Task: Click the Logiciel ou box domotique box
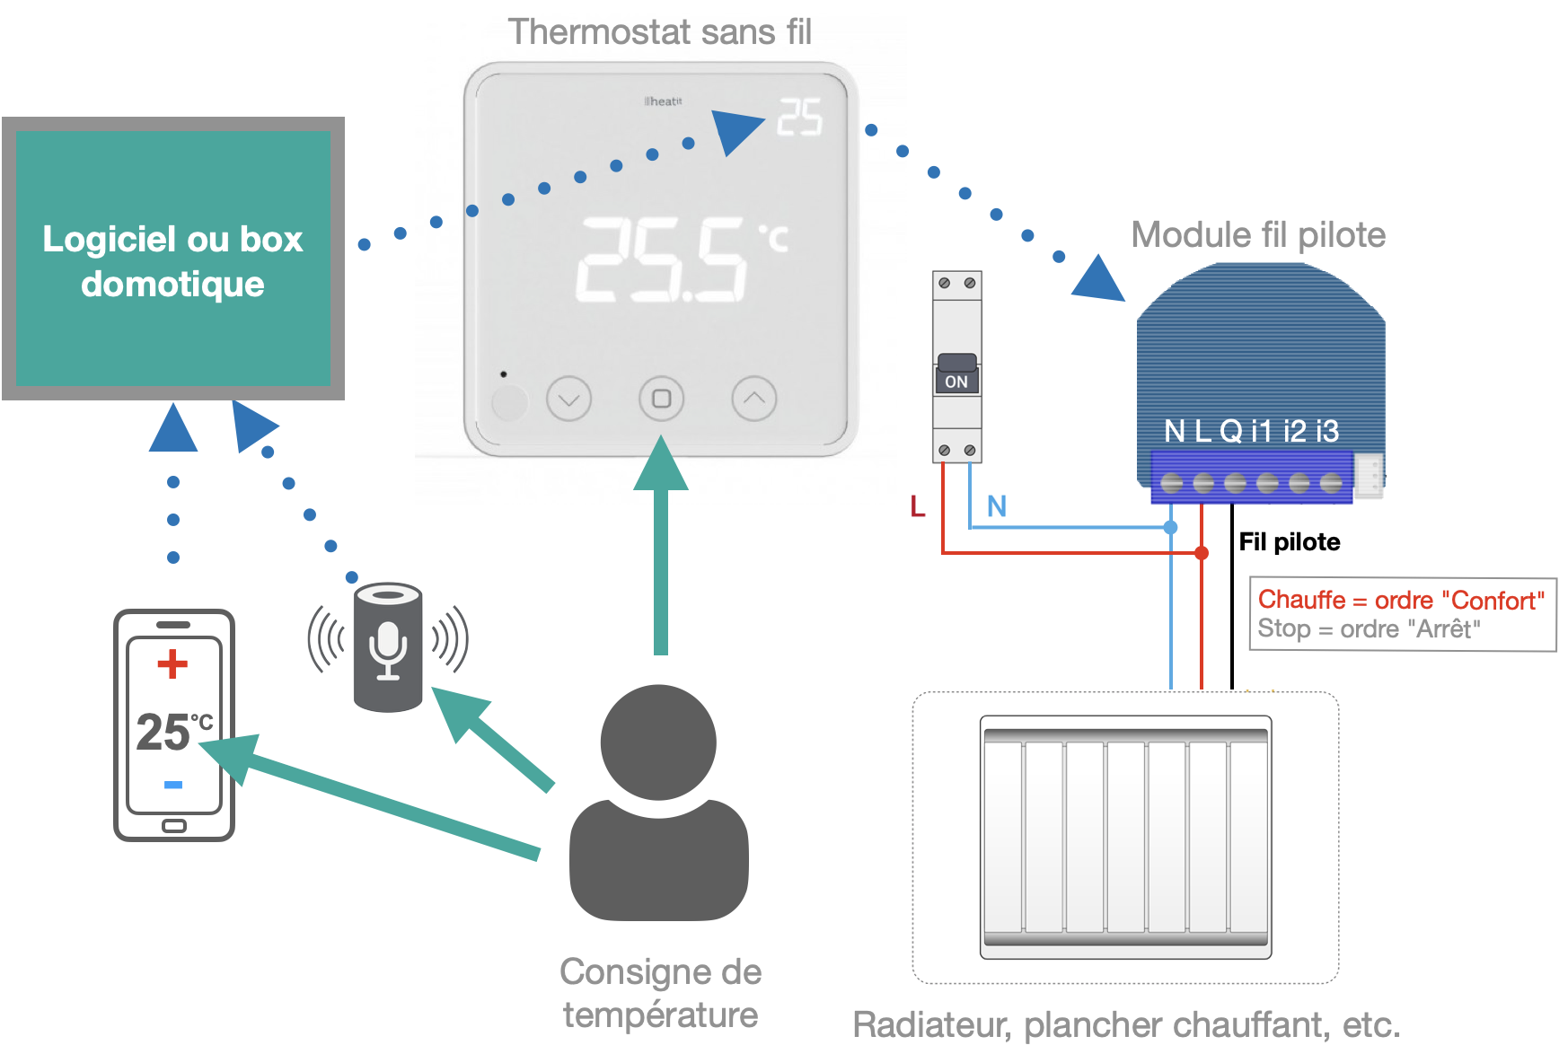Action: pyautogui.click(x=172, y=259)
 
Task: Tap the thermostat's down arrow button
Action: pyautogui.click(x=568, y=399)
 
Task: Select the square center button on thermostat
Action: pyautogui.click(x=661, y=399)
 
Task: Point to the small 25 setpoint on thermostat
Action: pyautogui.click(x=799, y=117)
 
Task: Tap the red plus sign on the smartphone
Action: pyautogui.click(x=172, y=664)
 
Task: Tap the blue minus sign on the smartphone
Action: pyautogui.click(x=173, y=785)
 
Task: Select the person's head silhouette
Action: pyautogui.click(x=658, y=742)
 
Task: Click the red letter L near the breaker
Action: pyautogui.click(x=917, y=506)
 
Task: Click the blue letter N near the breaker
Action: pyautogui.click(x=996, y=506)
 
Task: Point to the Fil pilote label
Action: pyautogui.click(x=1289, y=541)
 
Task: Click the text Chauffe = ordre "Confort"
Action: pyautogui.click(x=1400, y=600)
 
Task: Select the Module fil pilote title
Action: pyautogui.click(x=1257, y=235)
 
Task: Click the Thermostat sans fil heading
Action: pyautogui.click(x=659, y=32)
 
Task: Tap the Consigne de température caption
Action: pyautogui.click(x=660, y=993)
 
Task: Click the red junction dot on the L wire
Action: pyautogui.click(x=1202, y=553)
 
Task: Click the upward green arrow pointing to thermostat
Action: pyautogui.click(x=661, y=548)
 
